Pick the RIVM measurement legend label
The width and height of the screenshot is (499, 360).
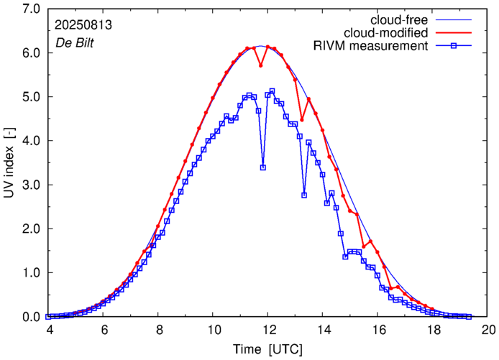pyautogui.click(x=370, y=47)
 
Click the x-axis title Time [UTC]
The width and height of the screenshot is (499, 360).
pyautogui.click(x=267, y=349)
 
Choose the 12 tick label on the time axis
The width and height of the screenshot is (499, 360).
pyautogui.click(x=269, y=329)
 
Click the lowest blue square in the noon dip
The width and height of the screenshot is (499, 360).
pyautogui.click(x=263, y=167)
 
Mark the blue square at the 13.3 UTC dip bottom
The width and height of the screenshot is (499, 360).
pyautogui.click(x=304, y=195)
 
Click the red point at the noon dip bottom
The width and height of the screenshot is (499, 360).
pyautogui.click(x=261, y=65)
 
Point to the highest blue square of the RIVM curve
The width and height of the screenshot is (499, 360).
pyautogui.click(x=272, y=91)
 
